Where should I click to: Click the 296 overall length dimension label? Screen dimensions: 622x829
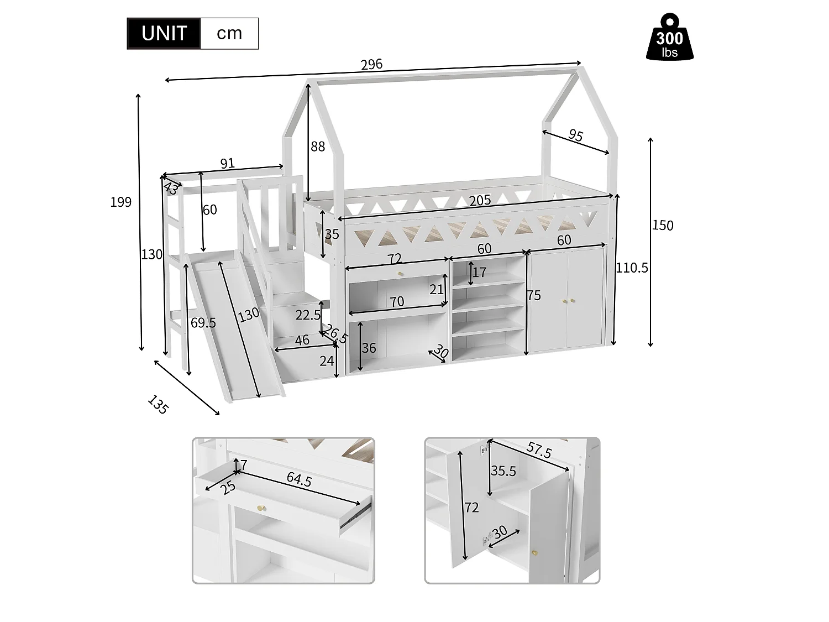pyautogui.click(x=371, y=64)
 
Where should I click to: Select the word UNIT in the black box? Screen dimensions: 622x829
pyautogui.click(x=164, y=34)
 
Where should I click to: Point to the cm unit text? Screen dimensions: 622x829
pyautogui.click(x=229, y=33)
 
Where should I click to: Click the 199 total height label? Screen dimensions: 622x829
pyautogui.click(x=121, y=202)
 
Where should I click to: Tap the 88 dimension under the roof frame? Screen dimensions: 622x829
pyautogui.click(x=318, y=147)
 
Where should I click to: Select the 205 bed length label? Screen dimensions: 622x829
pyautogui.click(x=480, y=200)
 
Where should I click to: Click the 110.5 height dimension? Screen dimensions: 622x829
pyautogui.click(x=632, y=268)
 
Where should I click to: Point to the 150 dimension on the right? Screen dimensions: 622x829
pyautogui.click(x=663, y=225)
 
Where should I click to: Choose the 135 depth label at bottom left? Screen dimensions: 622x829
pyautogui.click(x=158, y=405)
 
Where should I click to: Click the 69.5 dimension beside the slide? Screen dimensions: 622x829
pyautogui.click(x=203, y=323)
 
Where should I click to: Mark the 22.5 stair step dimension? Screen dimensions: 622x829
pyautogui.click(x=308, y=315)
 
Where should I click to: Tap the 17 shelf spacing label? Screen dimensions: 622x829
pyautogui.click(x=479, y=273)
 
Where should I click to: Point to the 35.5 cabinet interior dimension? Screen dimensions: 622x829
pyautogui.click(x=503, y=471)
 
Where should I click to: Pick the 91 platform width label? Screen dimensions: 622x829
pyautogui.click(x=227, y=163)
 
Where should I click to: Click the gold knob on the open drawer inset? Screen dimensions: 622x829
pyautogui.click(x=260, y=508)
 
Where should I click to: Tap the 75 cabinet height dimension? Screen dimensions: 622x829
pyautogui.click(x=534, y=295)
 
